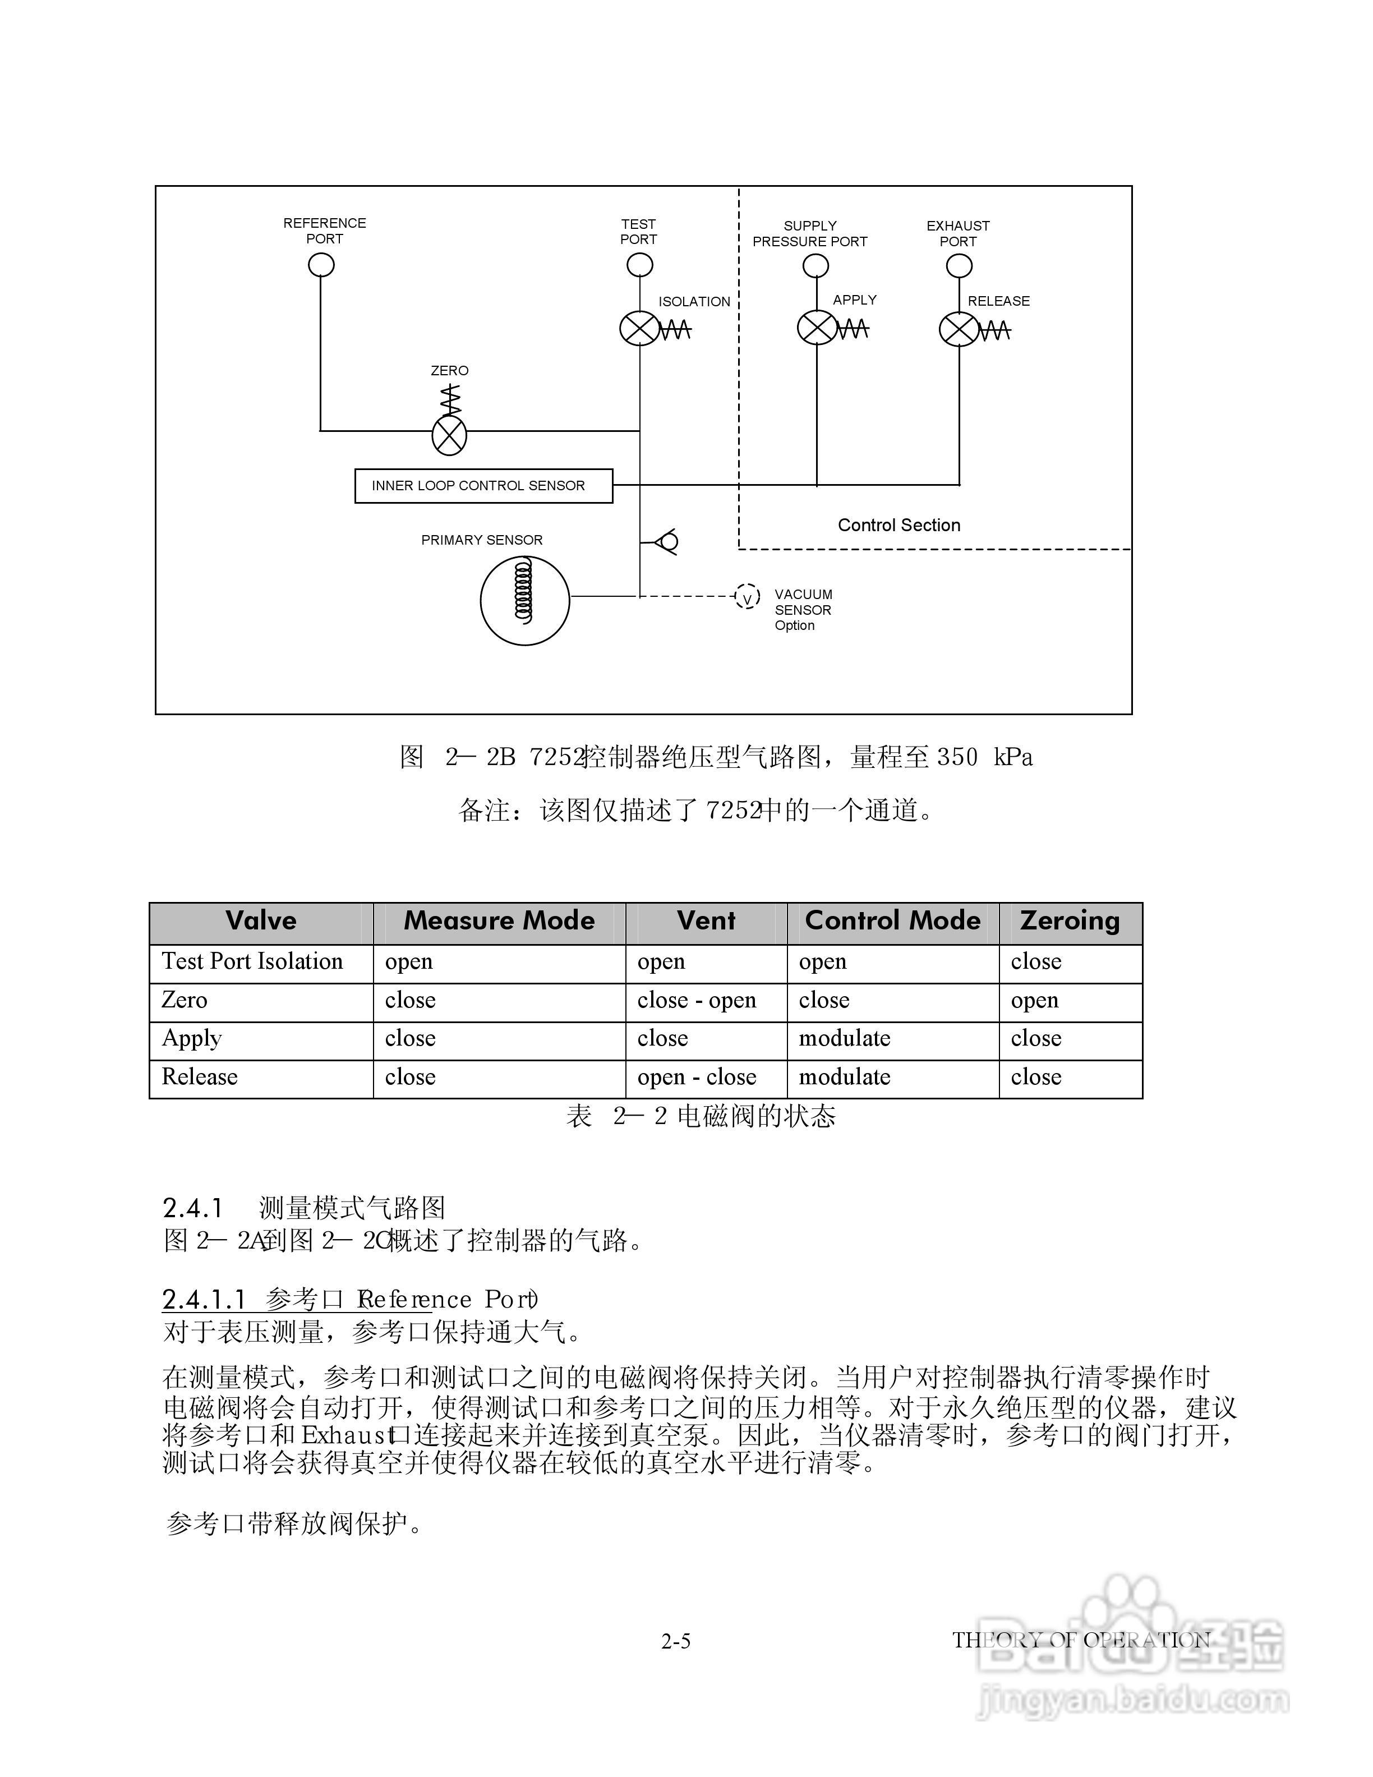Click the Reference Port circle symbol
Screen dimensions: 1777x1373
coord(321,265)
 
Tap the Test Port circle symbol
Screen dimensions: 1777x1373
coord(639,265)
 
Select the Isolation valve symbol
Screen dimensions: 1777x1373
coord(639,329)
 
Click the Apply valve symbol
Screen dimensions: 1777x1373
coord(816,328)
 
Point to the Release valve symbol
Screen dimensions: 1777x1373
coord(959,329)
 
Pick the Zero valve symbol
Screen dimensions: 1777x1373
coord(449,435)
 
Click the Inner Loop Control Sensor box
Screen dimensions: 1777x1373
coord(483,486)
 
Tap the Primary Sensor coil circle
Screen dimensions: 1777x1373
coord(524,601)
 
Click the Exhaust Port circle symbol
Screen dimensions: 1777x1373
coord(959,266)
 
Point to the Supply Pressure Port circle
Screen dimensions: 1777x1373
coord(816,266)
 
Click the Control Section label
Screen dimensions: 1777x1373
coord(899,526)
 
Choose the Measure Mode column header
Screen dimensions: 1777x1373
coord(499,921)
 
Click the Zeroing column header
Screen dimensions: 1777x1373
coord(1070,921)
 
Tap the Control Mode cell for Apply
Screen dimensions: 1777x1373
coord(844,1039)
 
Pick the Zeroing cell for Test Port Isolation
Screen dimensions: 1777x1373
coord(1036,962)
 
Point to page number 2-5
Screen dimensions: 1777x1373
coord(676,1642)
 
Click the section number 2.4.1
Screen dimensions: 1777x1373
coord(193,1208)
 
